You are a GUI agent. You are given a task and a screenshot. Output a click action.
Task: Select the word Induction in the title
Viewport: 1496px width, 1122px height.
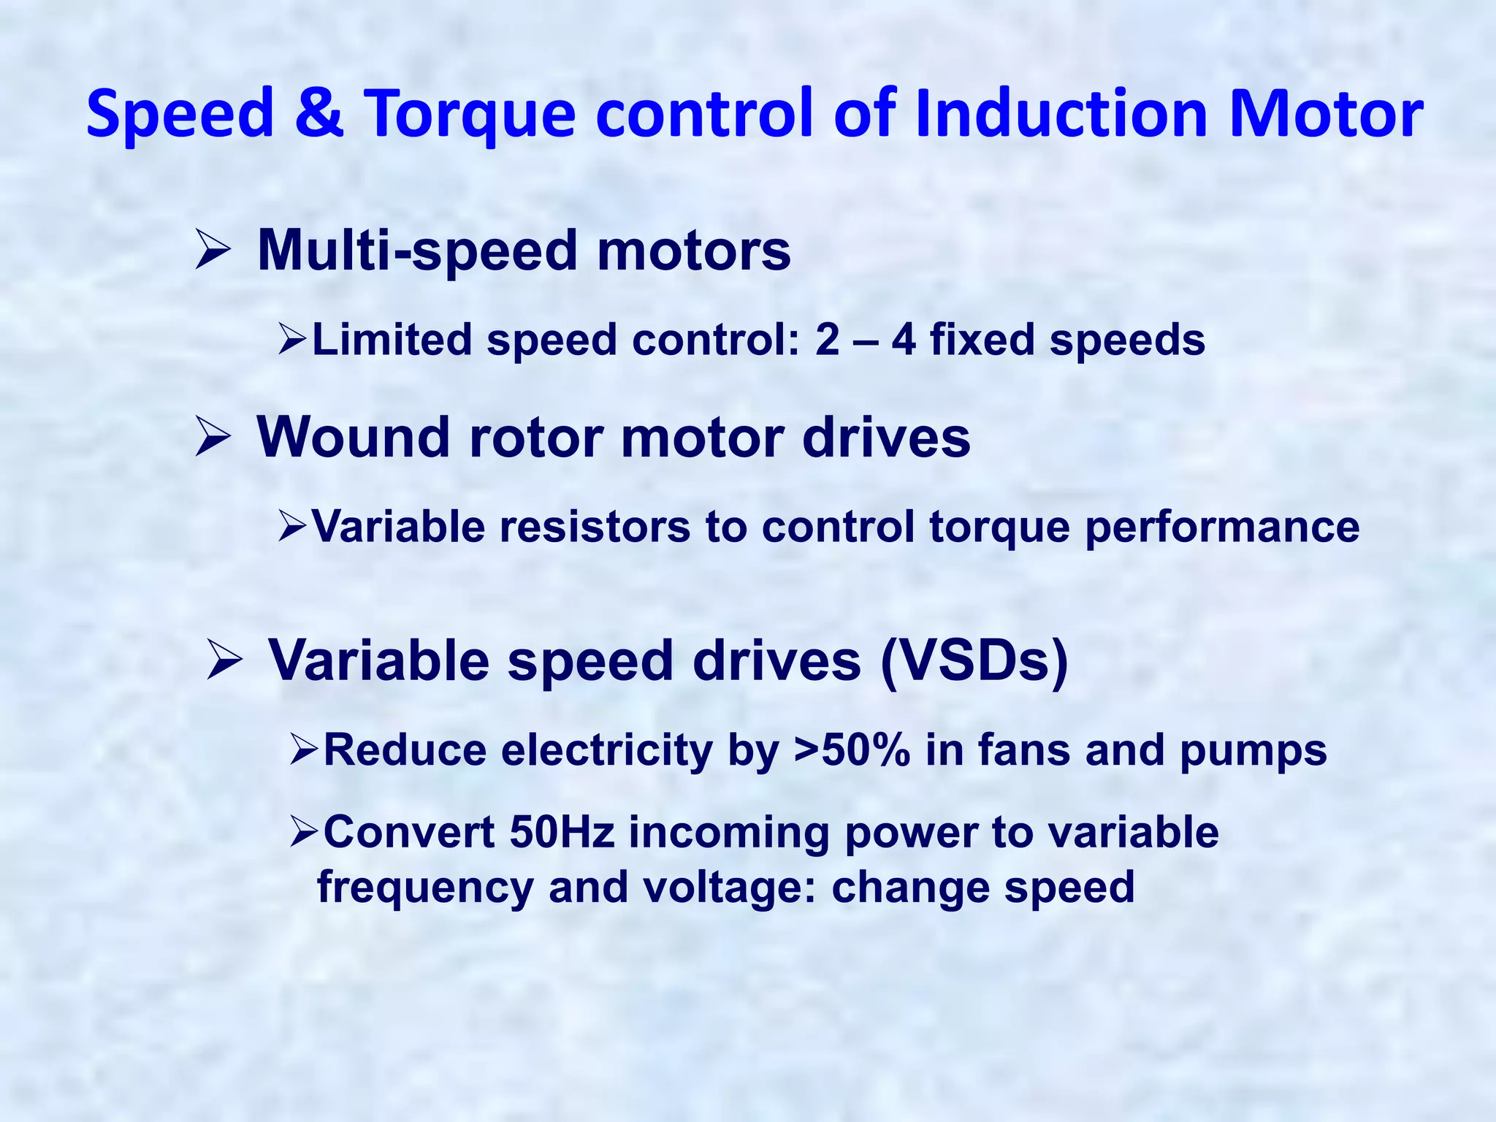1060,113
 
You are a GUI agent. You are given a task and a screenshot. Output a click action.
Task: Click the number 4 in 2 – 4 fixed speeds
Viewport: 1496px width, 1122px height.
904,340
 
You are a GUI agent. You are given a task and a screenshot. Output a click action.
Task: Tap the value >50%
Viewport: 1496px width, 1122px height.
852,750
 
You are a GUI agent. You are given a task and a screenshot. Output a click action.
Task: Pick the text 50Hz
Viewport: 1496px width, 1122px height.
562,832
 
